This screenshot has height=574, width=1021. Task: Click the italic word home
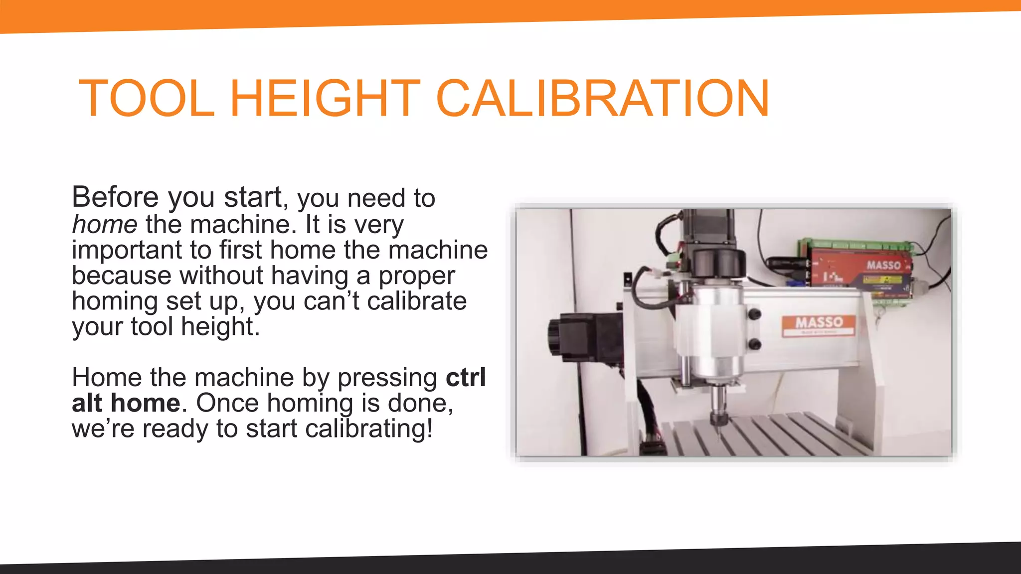(x=105, y=224)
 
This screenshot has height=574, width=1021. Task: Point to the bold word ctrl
(x=466, y=377)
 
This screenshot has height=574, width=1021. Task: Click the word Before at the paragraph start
(x=115, y=197)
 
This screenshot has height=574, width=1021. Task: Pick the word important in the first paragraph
(x=127, y=250)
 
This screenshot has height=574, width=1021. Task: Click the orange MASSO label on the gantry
(x=819, y=324)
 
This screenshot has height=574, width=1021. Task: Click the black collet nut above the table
(x=718, y=418)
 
